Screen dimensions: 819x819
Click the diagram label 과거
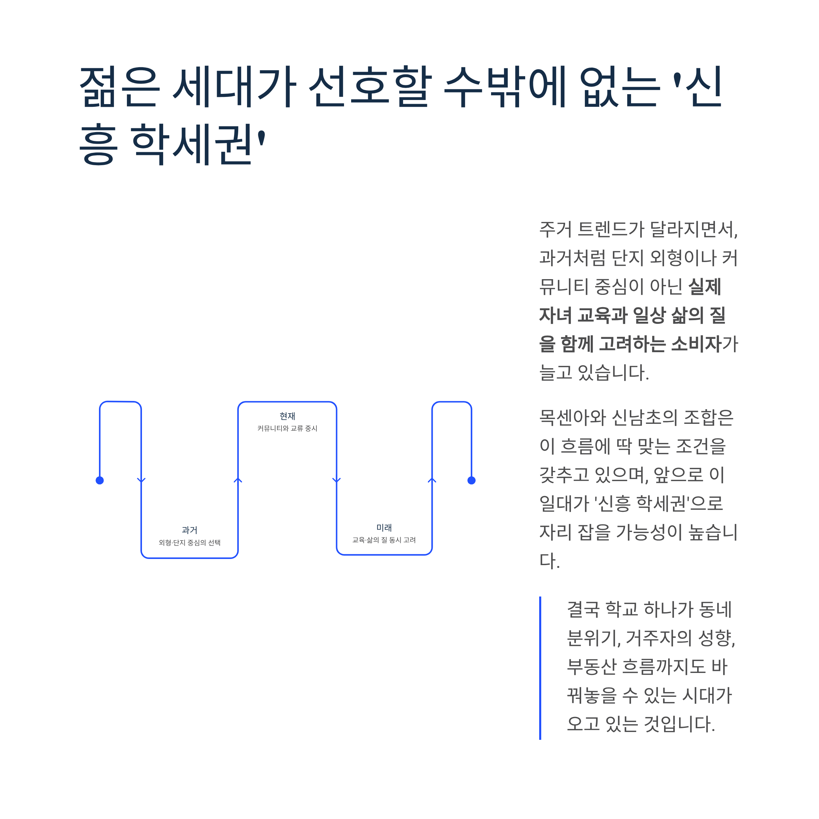189,530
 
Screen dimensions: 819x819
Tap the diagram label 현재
287,416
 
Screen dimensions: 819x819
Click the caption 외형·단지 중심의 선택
189,543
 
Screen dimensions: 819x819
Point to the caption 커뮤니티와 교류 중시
287,428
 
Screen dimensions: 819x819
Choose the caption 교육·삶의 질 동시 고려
384,540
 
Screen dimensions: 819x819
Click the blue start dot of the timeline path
100,480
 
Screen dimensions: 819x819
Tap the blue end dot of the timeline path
471,480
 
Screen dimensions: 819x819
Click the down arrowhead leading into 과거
141,480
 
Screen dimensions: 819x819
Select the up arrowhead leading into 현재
238,480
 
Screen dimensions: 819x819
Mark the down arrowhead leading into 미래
336,480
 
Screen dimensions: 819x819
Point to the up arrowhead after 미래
432,480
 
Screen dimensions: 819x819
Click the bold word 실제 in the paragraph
705,287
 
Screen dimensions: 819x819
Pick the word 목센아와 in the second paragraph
572,418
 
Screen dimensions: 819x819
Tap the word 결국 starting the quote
583,609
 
